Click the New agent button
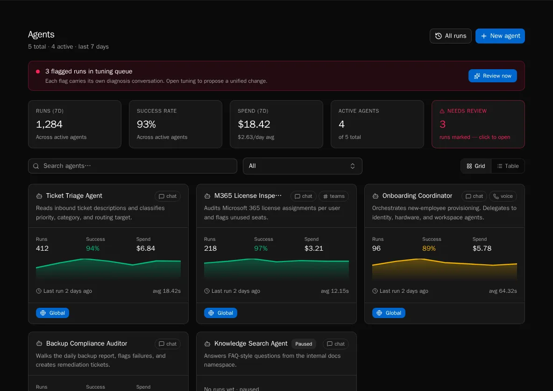click(x=500, y=36)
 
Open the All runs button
click(x=450, y=36)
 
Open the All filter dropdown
click(x=302, y=166)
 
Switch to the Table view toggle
click(x=508, y=166)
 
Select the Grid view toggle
click(x=476, y=166)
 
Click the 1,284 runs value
click(x=49, y=124)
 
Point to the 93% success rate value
click(x=146, y=124)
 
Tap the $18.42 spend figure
click(x=254, y=124)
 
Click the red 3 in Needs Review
click(x=442, y=124)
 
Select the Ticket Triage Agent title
click(x=74, y=196)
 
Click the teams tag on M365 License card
click(x=333, y=196)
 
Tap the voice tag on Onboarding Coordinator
click(x=503, y=196)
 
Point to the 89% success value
click(x=429, y=248)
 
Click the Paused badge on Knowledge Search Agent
click(x=304, y=344)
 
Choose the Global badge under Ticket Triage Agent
click(x=52, y=313)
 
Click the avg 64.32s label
click(x=503, y=291)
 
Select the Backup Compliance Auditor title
click(x=86, y=344)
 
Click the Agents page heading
click(x=41, y=35)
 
